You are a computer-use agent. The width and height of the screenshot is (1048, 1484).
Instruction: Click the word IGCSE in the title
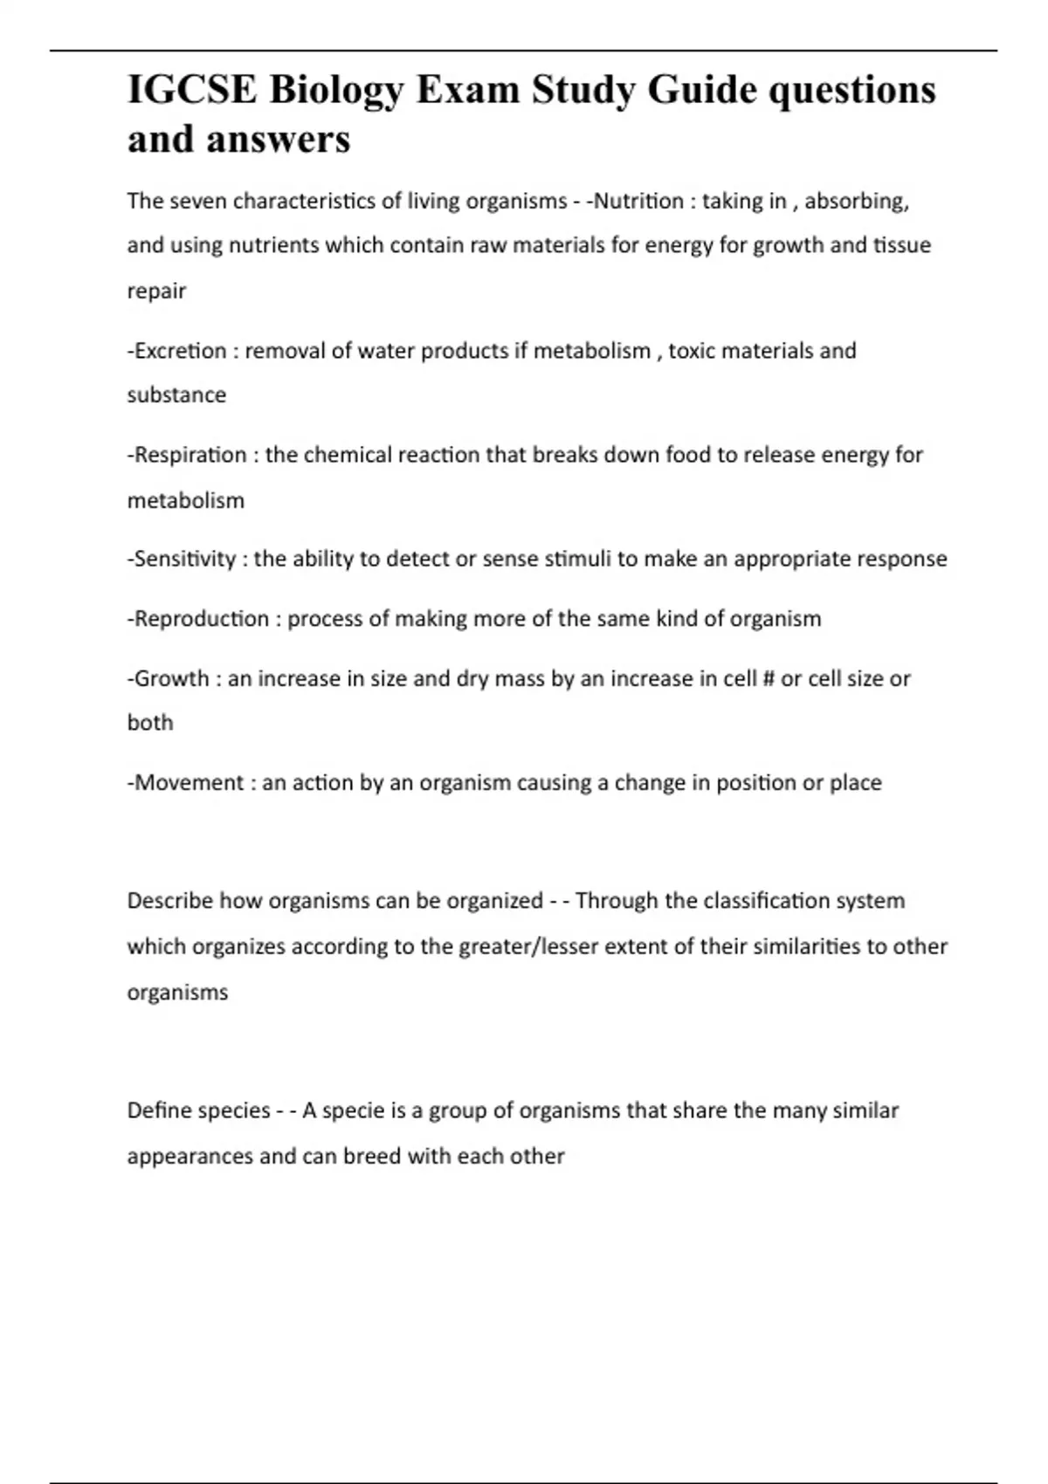click(x=192, y=90)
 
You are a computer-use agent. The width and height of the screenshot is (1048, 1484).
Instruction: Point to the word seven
click(x=198, y=201)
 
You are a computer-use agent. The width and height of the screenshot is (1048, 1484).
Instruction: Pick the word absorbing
click(x=856, y=202)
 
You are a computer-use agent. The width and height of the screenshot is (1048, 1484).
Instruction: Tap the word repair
click(x=156, y=292)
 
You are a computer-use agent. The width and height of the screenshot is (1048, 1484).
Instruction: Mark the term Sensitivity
click(x=184, y=559)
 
